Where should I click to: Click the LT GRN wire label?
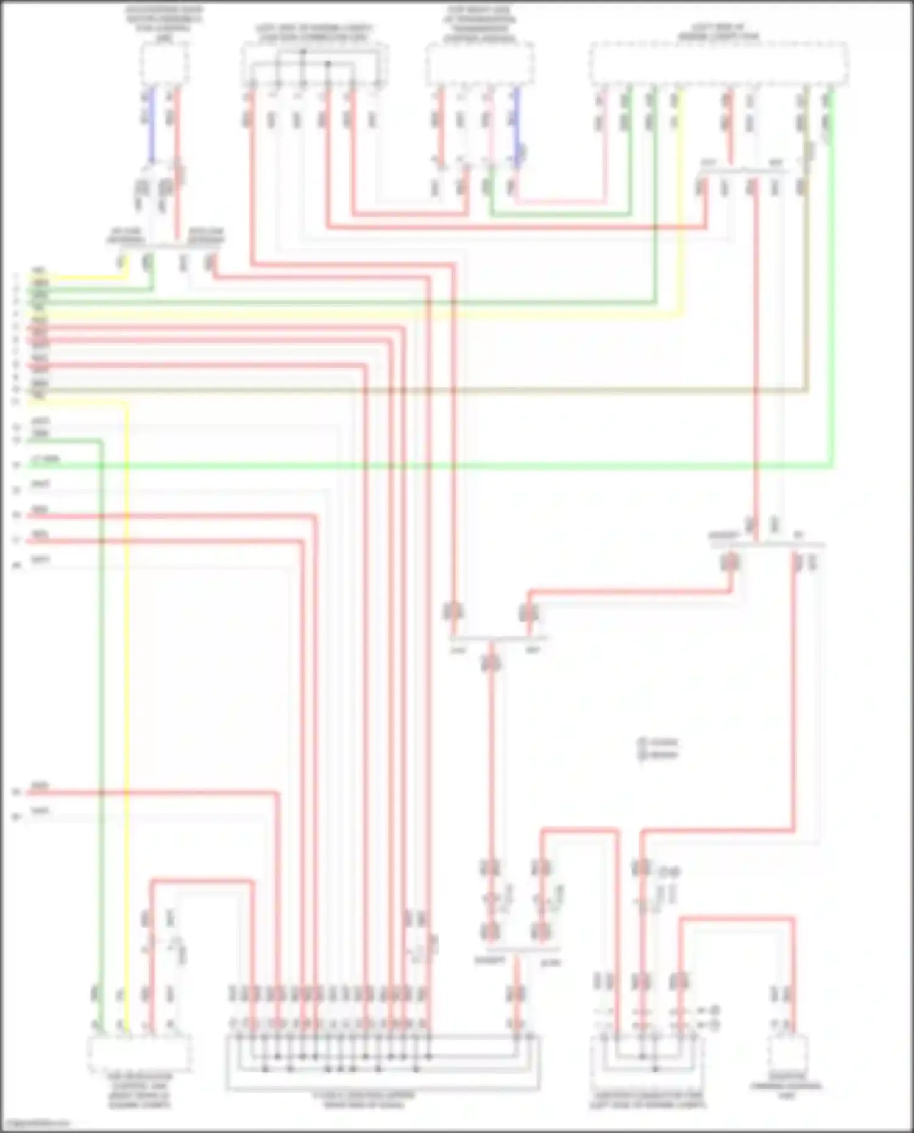(44, 459)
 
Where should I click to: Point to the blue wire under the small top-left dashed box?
(151, 122)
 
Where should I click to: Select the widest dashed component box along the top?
(719, 63)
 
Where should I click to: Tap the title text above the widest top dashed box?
(719, 32)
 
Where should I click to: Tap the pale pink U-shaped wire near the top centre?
(561, 200)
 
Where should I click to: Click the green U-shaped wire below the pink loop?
(561, 214)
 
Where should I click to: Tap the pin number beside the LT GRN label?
(17, 465)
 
